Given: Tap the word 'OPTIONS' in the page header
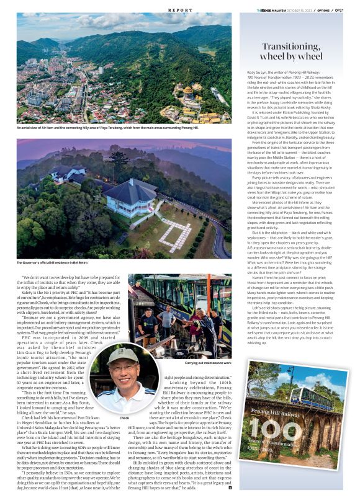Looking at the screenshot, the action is tap(323, 11).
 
